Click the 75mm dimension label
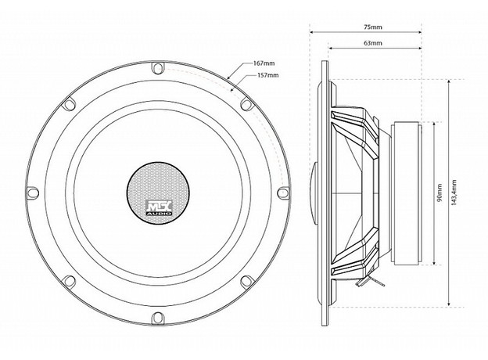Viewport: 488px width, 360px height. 373,27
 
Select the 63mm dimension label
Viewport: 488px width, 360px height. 373,43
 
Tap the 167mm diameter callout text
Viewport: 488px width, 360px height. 264,63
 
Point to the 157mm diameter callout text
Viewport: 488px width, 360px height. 268,75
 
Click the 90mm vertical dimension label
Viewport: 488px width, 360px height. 440,193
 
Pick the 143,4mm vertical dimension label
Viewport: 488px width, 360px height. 454,193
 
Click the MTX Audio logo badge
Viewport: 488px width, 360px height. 159,207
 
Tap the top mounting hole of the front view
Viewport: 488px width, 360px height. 157,68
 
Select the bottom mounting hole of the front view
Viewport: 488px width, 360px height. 157,319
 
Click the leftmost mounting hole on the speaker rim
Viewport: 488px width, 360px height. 33,193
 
